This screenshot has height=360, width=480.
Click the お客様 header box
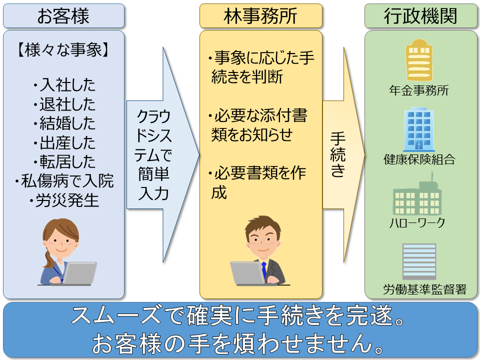pyautogui.click(x=63, y=16)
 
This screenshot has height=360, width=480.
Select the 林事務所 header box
pyautogui.click(x=261, y=16)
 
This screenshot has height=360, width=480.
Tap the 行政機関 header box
pyautogui.click(x=420, y=16)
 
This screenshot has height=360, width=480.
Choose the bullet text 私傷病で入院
pyautogui.click(x=64, y=181)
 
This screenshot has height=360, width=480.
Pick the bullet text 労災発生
pyautogui.click(x=64, y=200)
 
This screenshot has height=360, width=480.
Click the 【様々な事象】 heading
pyautogui.click(x=63, y=49)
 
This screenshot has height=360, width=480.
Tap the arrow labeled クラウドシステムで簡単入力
pyautogui.click(x=163, y=155)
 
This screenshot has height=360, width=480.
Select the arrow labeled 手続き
pyautogui.click(x=343, y=155)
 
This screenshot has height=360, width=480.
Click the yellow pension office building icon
pyautogui.click(x=419, y=60)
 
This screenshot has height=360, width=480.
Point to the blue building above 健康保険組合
pyautogui.click(x=419, y=129)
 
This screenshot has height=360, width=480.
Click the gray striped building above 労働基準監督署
pyautogui.click(x=419, y=261)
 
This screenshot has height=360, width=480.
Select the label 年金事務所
pyautogui.click(x=419, y=90)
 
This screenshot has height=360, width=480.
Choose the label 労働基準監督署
pyautogui.click(x=424, y=289)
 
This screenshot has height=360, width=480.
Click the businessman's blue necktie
pyautogui.click(x=264, y=269)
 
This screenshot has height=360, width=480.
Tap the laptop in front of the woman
pyautogui.click(x=79, y=273)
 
